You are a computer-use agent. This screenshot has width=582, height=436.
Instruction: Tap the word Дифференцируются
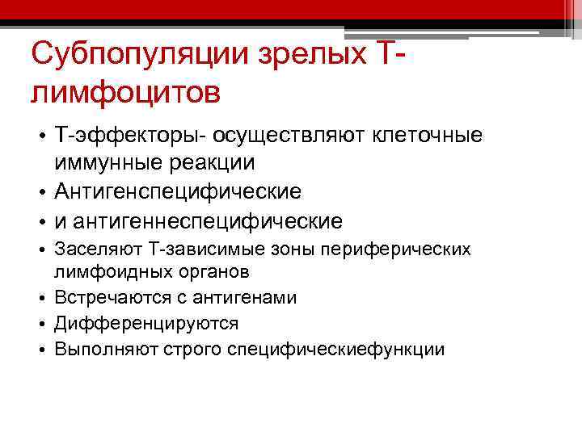click(146, 324)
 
